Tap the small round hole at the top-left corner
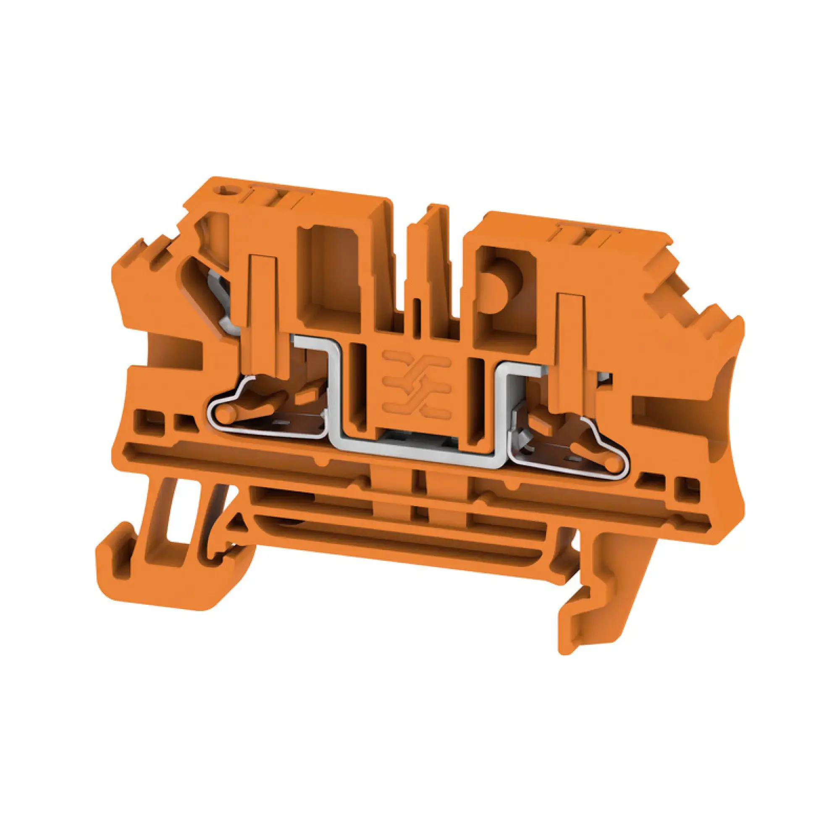click(x=229, y=191)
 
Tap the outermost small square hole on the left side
click(x=144, y=418)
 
